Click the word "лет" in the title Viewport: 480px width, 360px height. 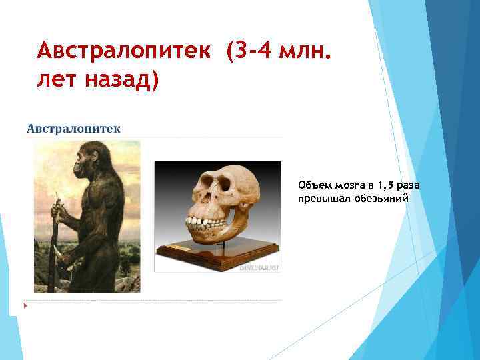tap(59, 81)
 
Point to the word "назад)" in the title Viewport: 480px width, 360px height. tap(124, 81)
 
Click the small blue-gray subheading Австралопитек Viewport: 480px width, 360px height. tap(73, 128)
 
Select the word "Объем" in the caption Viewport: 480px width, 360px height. tap(313, 185)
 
